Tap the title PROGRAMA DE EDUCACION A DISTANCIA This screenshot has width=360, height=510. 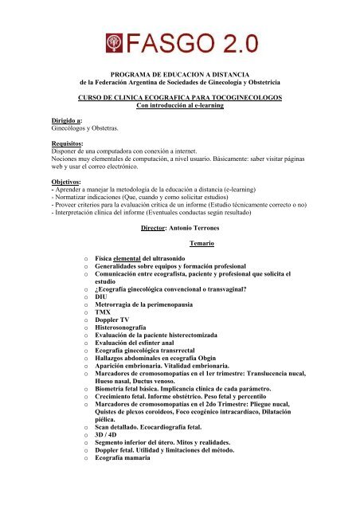click(x=179, y=72)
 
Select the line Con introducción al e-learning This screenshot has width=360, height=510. click(x=179, y=106)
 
